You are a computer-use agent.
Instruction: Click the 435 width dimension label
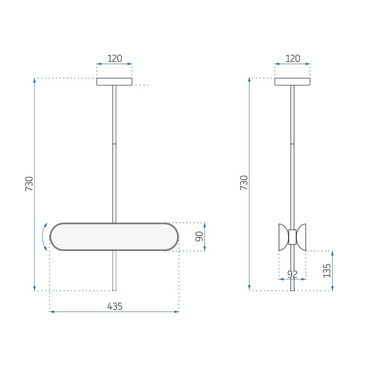point(115,306)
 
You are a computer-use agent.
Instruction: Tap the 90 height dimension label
point(199,237)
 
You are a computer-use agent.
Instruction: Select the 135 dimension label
point(327,270)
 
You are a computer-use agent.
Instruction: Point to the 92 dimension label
point(292,274)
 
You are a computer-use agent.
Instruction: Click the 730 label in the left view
point(29,184)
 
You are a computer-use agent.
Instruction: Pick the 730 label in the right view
point(244,182)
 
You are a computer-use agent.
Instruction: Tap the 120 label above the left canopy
point(115,58)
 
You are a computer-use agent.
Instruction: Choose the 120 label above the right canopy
point(293,58)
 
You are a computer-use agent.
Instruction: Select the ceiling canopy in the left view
point(115,82)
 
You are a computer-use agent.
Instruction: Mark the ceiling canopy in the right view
point(293,82)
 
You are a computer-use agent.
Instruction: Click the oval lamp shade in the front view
point(115,237)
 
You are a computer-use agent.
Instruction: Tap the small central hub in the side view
point(292,237)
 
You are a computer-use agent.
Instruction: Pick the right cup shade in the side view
point(302,237)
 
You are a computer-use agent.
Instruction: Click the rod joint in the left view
point(115,144)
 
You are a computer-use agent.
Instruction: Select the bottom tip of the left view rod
point(115,290)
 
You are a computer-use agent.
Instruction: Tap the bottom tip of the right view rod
point(293,290)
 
